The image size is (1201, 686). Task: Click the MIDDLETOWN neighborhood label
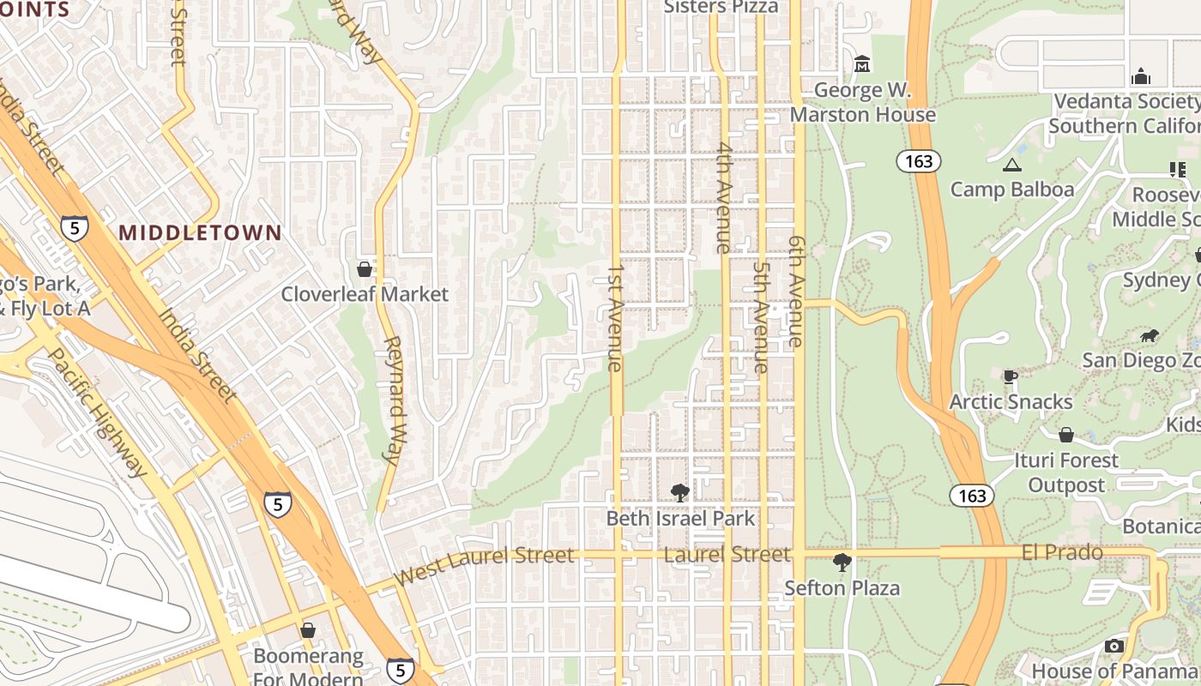tap(200, 232)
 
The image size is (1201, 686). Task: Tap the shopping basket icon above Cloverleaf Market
tap(365, 269)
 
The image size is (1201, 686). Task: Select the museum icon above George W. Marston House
tap(862, 64)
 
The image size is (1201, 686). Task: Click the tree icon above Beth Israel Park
tap(680, 493)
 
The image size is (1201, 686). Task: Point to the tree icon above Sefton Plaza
tap(842, 563)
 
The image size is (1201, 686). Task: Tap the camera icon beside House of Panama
tap(1113, 647)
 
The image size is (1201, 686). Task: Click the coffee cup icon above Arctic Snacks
tap(1011, 376)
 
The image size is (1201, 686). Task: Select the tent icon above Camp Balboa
tap(1012, 165)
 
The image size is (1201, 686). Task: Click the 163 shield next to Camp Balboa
tap(919, 161)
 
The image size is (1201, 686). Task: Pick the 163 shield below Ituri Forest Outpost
tap(972, 496)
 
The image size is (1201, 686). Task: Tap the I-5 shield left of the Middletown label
tap(75, 228)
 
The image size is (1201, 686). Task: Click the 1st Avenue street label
tap(614, 317)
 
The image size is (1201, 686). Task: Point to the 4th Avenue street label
tap(724, 197)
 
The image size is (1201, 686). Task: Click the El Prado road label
tap(1062, 553)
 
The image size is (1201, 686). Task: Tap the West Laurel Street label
tap(484, 566)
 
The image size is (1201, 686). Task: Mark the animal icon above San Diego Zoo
tap(1149, 335)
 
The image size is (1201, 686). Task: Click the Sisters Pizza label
tap(721, 8)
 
